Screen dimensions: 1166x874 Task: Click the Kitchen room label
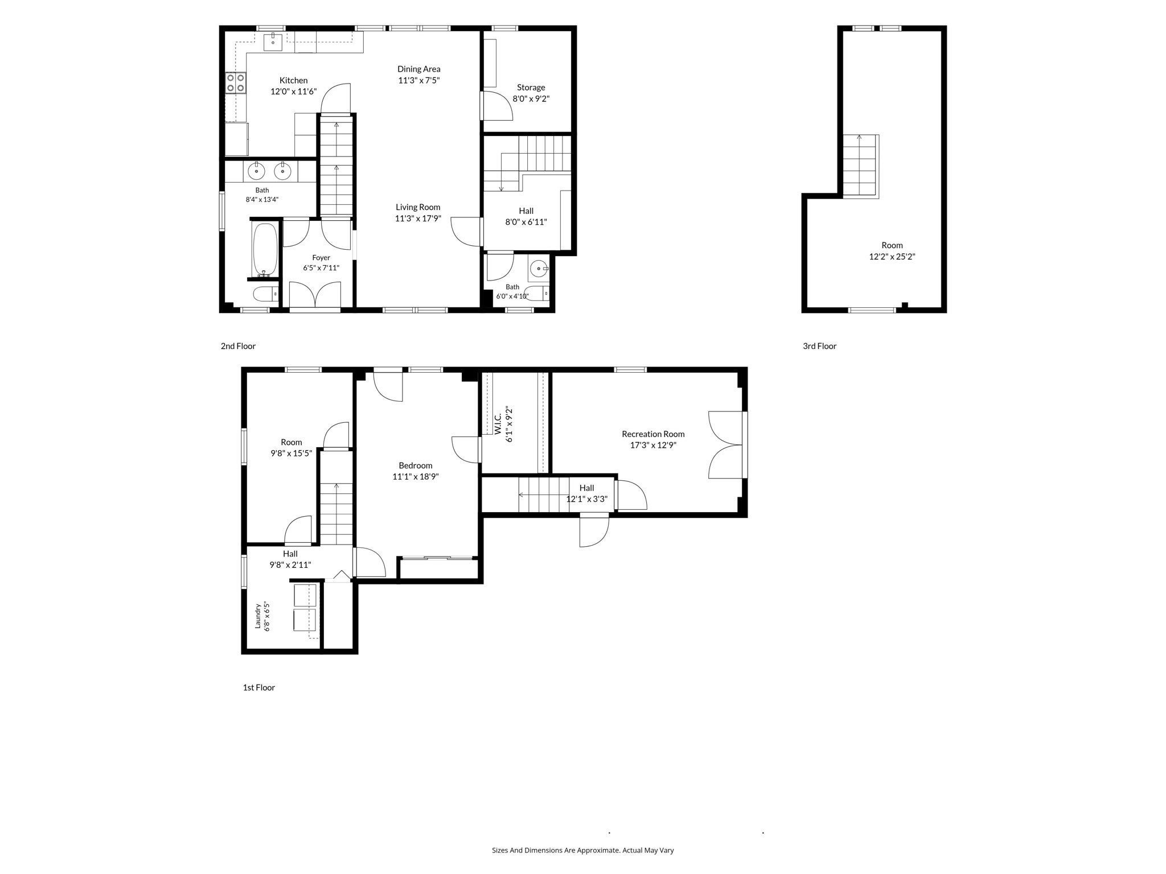coord(293,81)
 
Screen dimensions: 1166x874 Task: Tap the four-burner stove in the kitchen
coord(236,83)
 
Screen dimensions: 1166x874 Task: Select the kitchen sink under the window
coord(273,42)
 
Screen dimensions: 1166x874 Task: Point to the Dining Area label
coord(419,69)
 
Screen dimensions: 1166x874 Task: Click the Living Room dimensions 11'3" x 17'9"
coord(418,218)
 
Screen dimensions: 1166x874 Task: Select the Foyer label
coord(321,258)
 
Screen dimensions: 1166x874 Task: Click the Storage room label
coord(531,88)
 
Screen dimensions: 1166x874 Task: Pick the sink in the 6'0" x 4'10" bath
coord(538,268)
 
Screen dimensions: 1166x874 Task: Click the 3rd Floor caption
coord(820,346)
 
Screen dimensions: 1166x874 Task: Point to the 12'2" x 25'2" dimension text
coord(892,257)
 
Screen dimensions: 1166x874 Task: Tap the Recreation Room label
coord(653,434)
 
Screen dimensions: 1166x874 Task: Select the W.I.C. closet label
coord(497,424)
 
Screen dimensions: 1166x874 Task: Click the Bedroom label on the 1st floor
coord(416,465)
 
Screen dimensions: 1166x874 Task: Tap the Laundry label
coord(258,616)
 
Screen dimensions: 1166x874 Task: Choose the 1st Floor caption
coord(259,687)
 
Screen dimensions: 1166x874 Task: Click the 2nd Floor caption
coord(239,346)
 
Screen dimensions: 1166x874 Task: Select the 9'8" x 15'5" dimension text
coord(291,454)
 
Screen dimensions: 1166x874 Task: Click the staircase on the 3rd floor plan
coord(860,166)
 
